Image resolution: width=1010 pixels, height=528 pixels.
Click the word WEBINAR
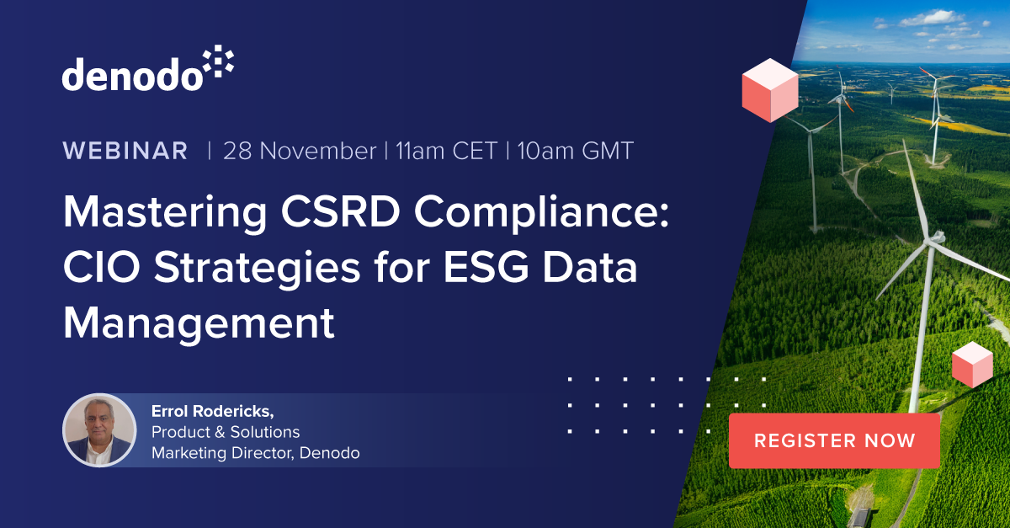tap(125, 152)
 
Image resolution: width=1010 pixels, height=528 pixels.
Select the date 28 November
tap(299, 152)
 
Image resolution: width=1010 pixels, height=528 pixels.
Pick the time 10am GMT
tap(575, 152)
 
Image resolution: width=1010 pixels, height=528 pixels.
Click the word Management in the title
tap(199, 323)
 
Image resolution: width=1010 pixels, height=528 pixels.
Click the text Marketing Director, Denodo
tap(255, 453)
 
